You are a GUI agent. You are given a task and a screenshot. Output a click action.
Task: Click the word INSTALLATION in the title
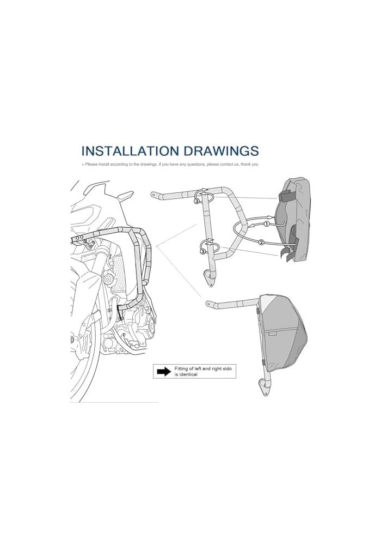point(130,151)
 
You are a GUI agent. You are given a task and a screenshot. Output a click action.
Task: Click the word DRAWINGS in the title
point(221,151)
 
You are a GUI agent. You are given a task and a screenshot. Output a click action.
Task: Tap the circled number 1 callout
point(267,224)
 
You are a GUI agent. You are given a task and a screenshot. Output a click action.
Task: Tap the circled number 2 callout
point(261,241)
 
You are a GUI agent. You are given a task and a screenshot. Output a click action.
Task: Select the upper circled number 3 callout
point(196,201)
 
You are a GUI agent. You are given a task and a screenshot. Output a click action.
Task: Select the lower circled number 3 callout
point(202,252)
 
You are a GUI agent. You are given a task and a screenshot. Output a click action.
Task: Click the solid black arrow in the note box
point(164,372)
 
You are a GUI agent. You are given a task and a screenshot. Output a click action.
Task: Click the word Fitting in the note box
point(181,368)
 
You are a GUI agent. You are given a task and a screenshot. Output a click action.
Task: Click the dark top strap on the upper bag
point(287,196)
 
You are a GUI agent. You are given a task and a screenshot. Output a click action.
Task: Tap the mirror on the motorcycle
point(125,195)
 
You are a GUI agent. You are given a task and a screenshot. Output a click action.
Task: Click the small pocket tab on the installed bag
point(272,334)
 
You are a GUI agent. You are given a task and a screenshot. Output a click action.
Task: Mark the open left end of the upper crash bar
point(153,195)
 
